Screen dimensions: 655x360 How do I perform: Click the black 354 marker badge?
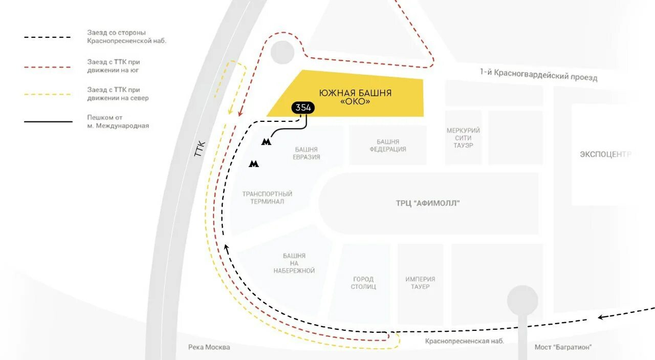tap(303, 108)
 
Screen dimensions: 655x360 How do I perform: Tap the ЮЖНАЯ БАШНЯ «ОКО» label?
tap(355, 97)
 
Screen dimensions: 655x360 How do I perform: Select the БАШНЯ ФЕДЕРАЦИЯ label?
tap(387, 145)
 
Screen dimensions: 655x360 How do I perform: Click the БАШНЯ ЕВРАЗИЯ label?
tap(307, 153)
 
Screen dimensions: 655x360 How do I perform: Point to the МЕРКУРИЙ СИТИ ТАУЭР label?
tap(463, 138)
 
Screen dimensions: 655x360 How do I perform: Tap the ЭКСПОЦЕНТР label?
tap(605, 154)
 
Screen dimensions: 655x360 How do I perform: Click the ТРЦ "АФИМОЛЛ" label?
tap(428, 203)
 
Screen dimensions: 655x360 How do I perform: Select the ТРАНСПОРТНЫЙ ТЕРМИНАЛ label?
tap(267, 198)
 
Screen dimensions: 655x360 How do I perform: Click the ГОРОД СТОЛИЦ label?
tap(363, 283)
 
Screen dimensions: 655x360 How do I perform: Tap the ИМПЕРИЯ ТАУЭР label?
tap(420, 283)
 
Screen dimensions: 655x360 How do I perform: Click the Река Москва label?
tap(209, 347)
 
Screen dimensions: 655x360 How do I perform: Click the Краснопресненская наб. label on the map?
tap(465, 341)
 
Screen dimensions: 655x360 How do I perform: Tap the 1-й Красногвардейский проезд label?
tap(538, 75)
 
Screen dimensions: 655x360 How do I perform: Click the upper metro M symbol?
tap(266, 142)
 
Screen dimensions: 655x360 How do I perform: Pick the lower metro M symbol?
tap(253, 164)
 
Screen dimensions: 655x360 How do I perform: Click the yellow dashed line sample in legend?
tap(48, 94)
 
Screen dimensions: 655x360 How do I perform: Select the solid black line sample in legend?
tap(48, 122)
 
